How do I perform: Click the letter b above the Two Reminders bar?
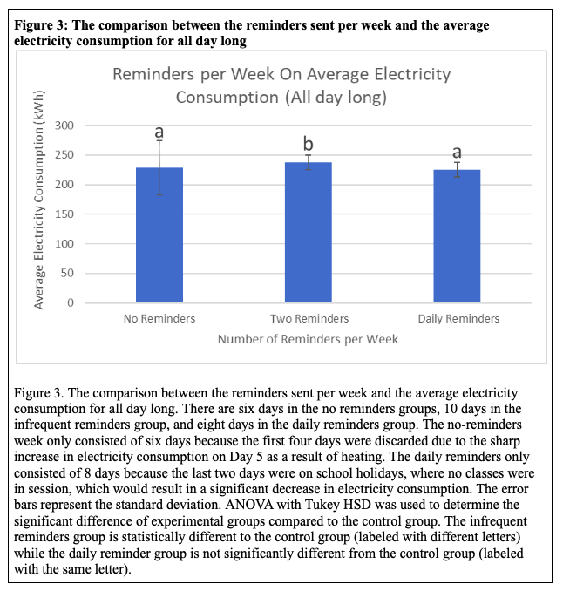308,144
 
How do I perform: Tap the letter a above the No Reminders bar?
159,132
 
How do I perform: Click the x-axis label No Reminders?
159,319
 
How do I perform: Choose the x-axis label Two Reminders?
309,319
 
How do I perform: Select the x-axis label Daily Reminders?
458,319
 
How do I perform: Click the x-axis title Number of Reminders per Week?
308,338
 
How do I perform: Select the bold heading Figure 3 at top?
45,25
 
